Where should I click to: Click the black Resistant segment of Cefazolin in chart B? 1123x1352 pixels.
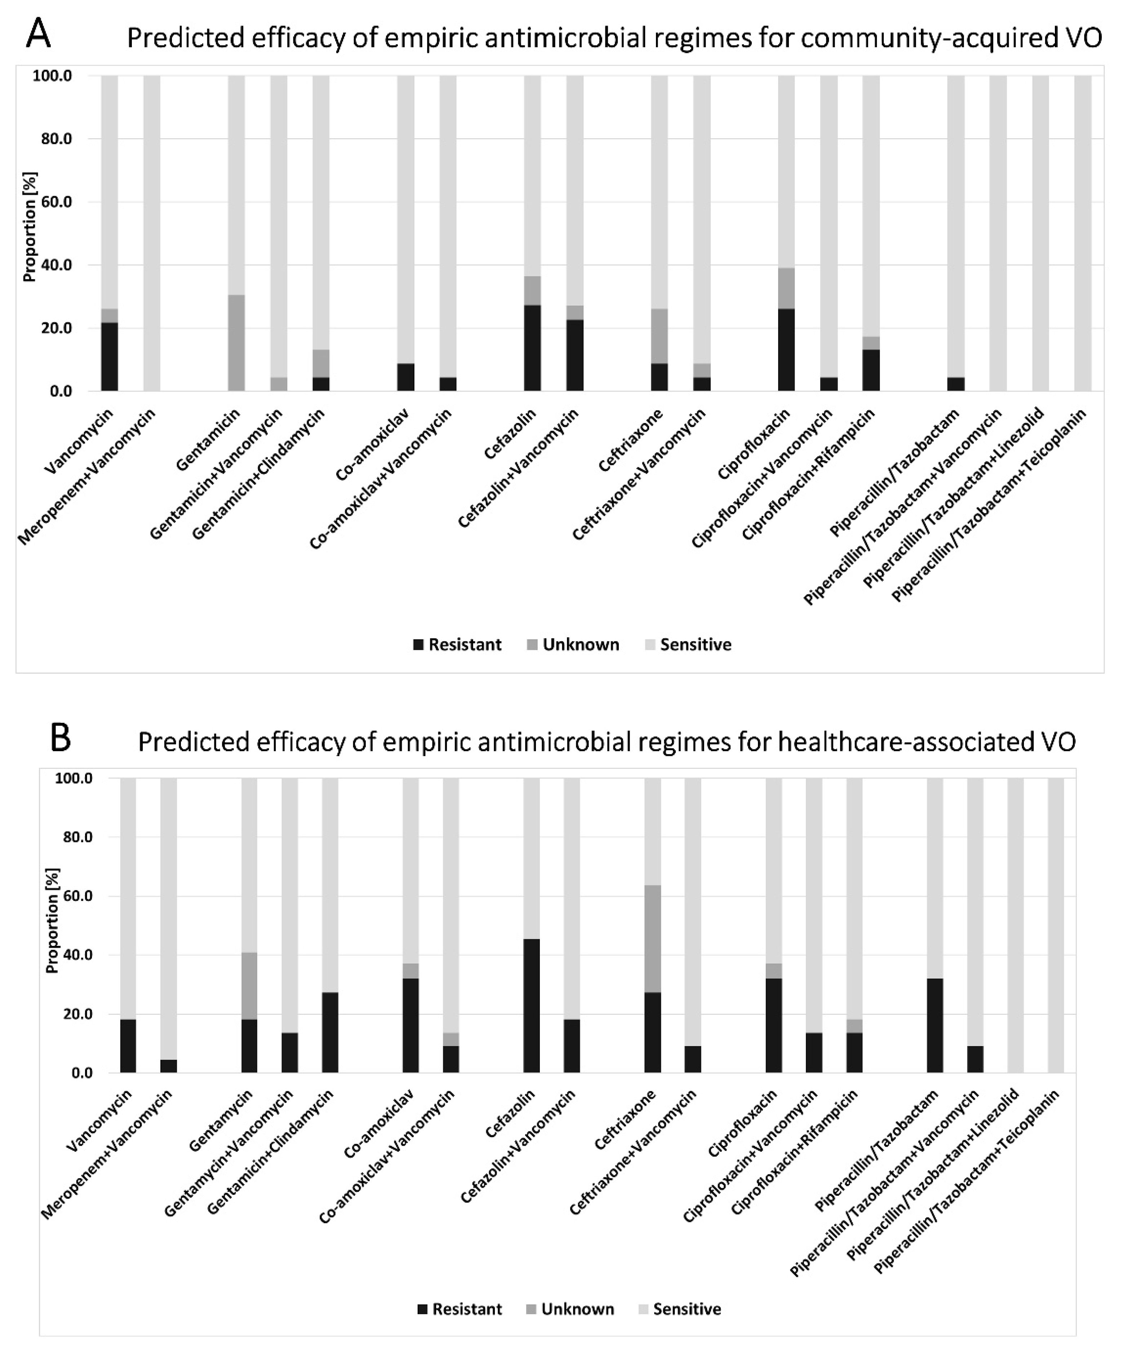[x=532, y=1006]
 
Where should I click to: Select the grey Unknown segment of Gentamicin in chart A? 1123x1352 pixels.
[x=236, y=343]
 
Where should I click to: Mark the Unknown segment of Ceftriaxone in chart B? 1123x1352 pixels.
[x=653, y=939]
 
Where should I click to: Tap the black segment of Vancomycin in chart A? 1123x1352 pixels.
[x=110, y=357]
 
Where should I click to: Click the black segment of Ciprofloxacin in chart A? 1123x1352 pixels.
[x=786, y=349]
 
